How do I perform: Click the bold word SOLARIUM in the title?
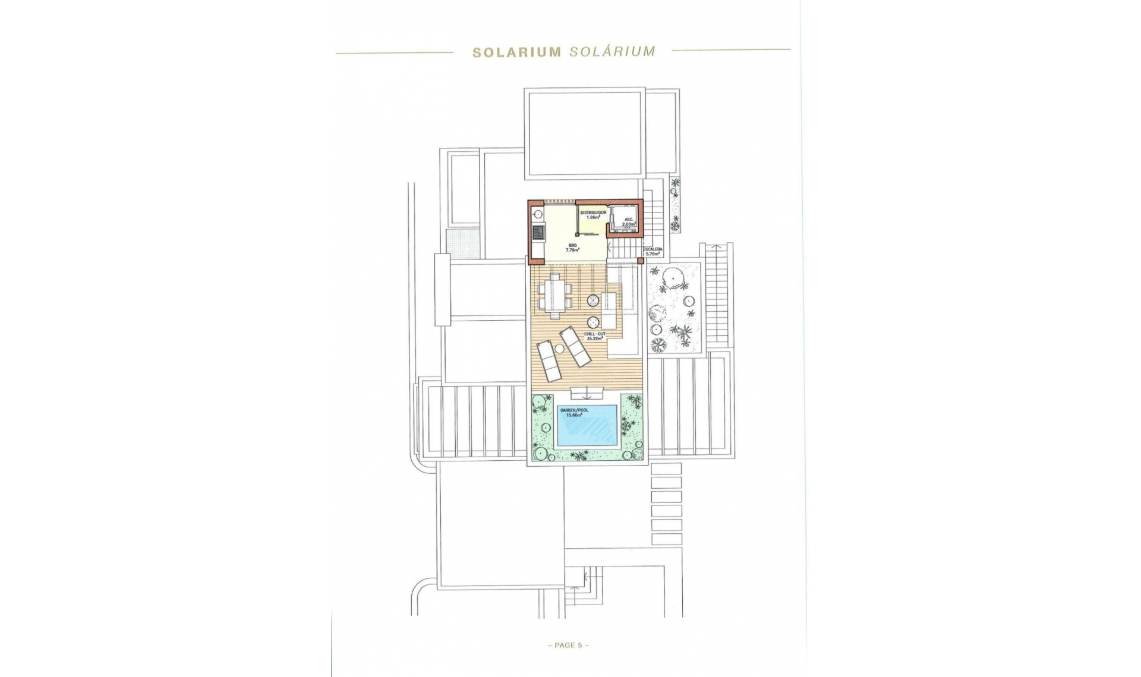click(x=516, y=52)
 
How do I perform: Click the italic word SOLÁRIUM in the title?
click(x=612, y=51)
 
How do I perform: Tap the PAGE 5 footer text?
click(x=568, y=645)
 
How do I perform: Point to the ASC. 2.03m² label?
click(x=629, y=222)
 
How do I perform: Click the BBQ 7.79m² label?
click(x=573, y=247)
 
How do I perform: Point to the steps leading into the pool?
click(x=587, y=392)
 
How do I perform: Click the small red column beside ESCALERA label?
click(x=640, y=260)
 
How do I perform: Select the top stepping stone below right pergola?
click(x=666, y=469)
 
